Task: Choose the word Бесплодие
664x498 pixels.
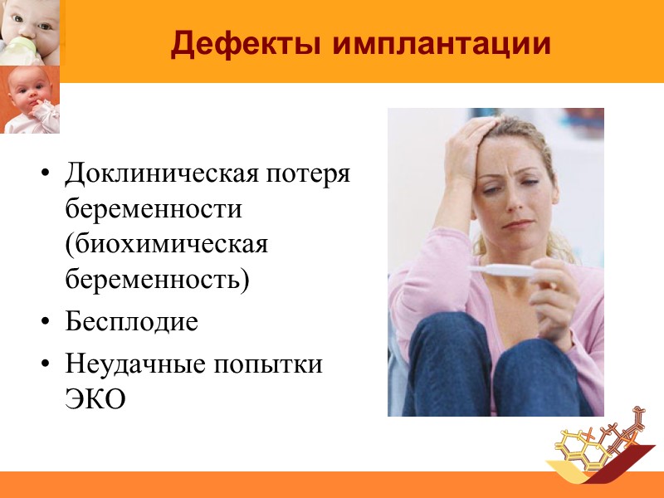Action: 132,321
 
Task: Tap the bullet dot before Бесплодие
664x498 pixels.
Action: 45,323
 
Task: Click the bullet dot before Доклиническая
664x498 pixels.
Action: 45,176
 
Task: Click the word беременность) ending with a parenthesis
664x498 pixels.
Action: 157,281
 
